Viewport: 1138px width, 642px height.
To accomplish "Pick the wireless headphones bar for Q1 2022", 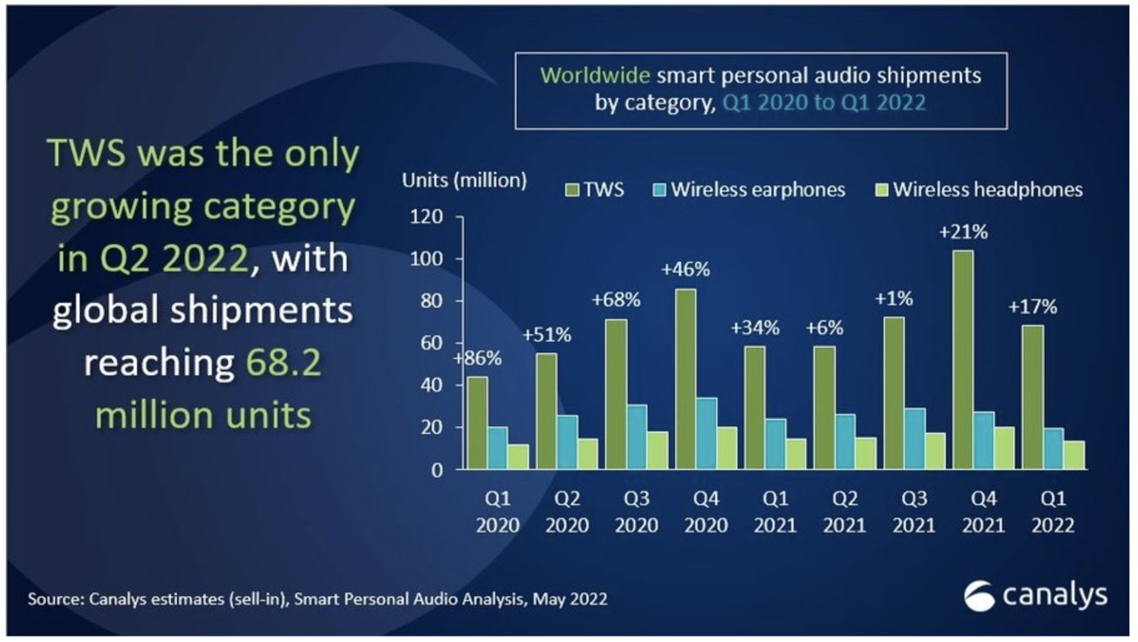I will coord(1075,455).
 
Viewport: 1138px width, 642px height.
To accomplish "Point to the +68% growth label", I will coord(617,300).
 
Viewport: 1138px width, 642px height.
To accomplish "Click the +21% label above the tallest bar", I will coord(963,232).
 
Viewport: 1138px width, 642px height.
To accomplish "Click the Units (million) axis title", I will coord(464,181).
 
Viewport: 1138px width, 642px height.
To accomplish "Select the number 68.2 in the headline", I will coord(278,364).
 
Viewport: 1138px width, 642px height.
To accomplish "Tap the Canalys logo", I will coord(1036,596).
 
